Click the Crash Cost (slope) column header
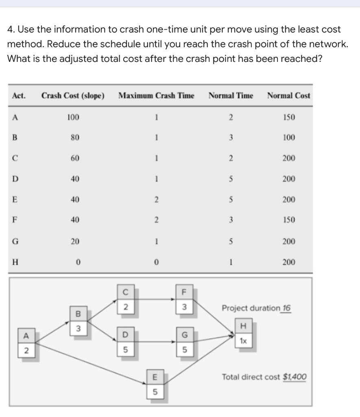[73, 96]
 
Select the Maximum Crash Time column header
[156, 96]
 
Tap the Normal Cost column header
[288, 96]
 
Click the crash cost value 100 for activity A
[73, 118]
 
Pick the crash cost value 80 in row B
[74, 138]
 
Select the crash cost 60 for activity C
[74, 158]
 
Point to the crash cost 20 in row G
[74, 241]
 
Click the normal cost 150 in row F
[289, 220]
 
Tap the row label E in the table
[15, 200]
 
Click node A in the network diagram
[26, 336]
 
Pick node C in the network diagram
[126, 292]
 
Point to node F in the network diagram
[184, 292]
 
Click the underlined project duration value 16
[286, 308]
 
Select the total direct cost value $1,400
[295, 377]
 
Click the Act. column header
[19, 96]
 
